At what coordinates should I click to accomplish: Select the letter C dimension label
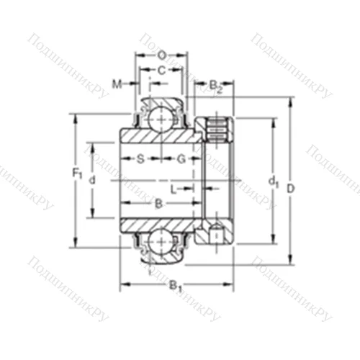[161, 70]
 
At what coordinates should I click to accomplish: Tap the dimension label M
[117, 84]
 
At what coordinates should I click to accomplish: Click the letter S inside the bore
[140, 157]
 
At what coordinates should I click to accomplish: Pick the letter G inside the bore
[181, 157]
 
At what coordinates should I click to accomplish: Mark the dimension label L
[174, 189]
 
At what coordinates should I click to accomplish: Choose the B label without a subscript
[158, 204]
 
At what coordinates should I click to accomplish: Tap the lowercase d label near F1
[91, 181]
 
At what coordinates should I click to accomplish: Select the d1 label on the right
[273, 182]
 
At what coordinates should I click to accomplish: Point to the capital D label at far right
[291, 189]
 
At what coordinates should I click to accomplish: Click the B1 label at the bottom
[174, 287]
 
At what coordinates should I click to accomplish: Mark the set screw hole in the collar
[217, 233]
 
